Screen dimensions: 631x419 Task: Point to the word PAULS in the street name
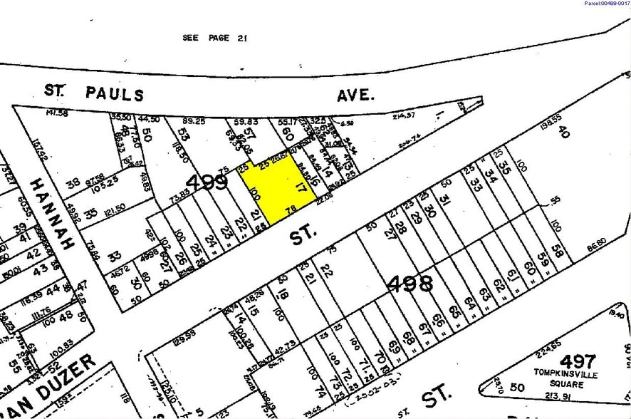tap(114, 93)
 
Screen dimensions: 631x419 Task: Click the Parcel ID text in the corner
tap(606, 4)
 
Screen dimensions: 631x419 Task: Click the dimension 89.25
tap(194, 121)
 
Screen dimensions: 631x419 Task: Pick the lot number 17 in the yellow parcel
tap(301, 189)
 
